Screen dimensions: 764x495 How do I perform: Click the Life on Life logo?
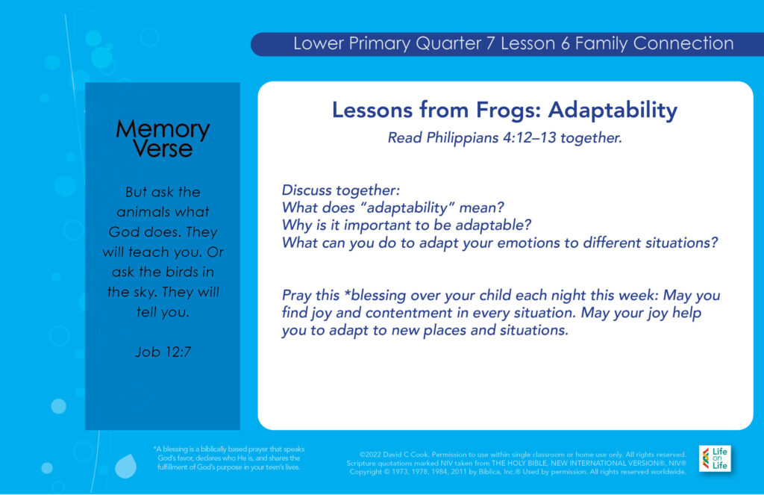pos(715,458)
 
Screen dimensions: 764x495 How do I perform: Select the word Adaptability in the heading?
pos(613,110)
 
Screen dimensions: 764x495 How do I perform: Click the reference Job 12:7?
pos(163,352)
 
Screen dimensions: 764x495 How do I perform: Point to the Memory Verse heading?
pos(163,139)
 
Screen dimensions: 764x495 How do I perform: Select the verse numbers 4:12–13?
pos(530,138)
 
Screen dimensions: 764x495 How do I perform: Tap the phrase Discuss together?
pos(340,190)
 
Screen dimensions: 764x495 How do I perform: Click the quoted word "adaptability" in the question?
pos(408,208)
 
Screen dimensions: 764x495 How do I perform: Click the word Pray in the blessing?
pos(296,296)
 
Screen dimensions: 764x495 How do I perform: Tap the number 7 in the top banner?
pos(491,43)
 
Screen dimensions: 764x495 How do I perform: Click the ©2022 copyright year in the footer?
pos(370,455)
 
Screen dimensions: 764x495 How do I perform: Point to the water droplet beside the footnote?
pos(125,466)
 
